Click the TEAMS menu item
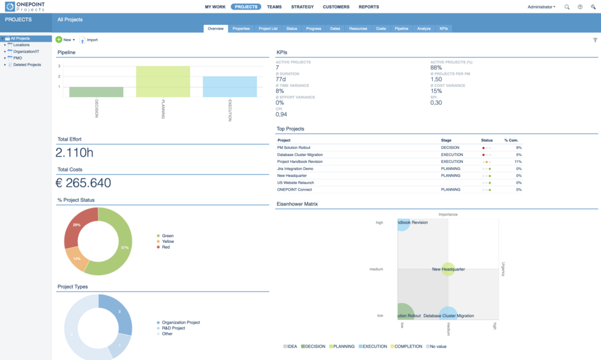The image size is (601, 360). click(274, 7)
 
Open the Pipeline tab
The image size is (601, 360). click(402, 29)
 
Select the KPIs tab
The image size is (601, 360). click(444, 29)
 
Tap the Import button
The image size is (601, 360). click(89, 40)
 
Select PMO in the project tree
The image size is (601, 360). click(17, 58)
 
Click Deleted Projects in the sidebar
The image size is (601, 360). click(27, 65)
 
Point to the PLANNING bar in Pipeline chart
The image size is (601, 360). click(163, 81)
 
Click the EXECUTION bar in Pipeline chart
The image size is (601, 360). click(230, 87)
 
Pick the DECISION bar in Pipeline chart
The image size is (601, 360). click(97, 92)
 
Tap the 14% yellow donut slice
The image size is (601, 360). click(77, 258)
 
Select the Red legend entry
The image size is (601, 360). click(165, 247)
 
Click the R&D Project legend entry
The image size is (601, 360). click(173, 328)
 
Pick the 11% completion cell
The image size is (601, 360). click(518, 162)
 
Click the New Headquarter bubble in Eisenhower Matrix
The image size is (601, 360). click(448, 269)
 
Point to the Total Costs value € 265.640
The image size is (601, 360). click(83, 184)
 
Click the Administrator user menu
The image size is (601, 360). click(541, 7)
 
